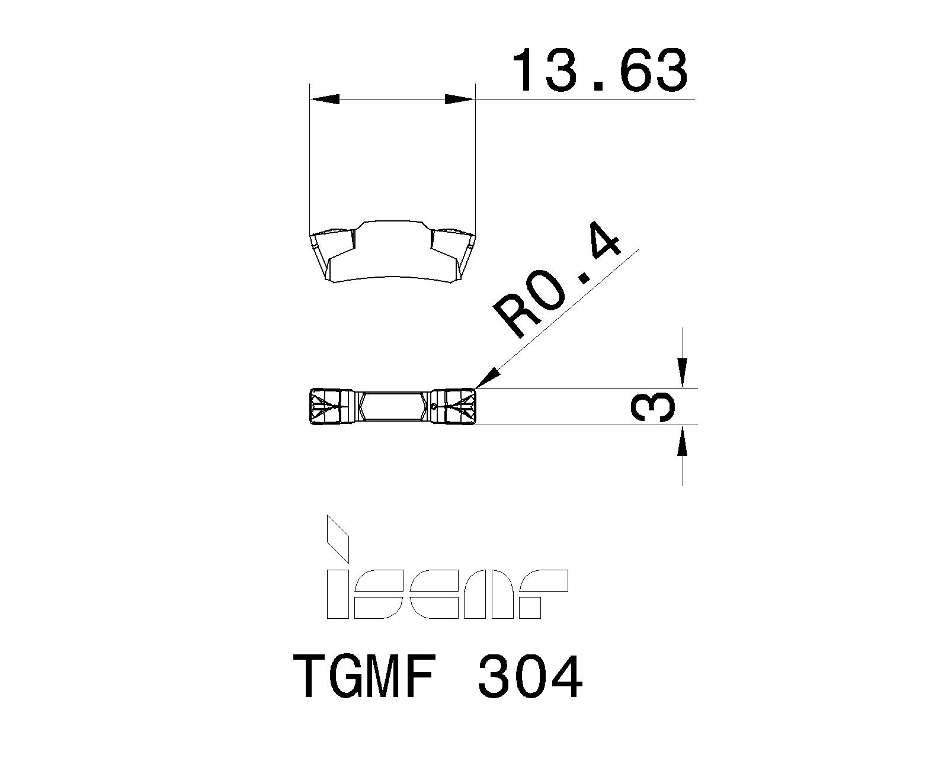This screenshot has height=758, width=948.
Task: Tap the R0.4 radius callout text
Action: pos(558,286)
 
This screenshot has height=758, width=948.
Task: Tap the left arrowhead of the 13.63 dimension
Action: pos(325,99)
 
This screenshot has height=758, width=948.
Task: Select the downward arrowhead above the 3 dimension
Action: pos(683,374)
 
